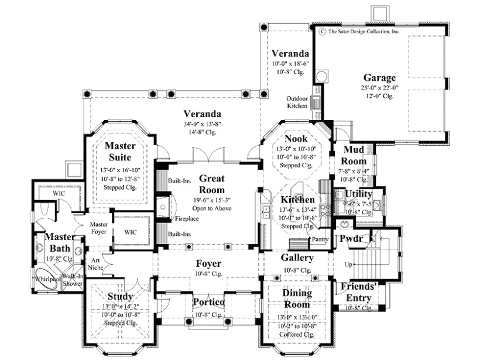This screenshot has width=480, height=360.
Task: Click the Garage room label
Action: (x=379, y=77)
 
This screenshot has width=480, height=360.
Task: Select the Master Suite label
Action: (x=121, y=152)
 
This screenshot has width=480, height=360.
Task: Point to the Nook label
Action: (x=296, y=139)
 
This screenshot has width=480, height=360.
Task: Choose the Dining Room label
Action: (x=297, y=298)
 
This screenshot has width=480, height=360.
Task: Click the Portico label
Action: (x=208, y=301)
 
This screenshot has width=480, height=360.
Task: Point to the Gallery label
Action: (x=297, y=258)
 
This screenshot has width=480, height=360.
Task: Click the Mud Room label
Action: (x=354, y=156)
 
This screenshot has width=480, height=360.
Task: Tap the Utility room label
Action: (x=358, y=194)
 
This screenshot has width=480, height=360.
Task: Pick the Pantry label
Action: (x=320, y=239)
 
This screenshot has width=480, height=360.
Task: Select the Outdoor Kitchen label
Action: (x=297, y=102)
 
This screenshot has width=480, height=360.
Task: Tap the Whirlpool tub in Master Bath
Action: (x=44, y=279)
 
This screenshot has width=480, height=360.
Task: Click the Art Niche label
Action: (x=95, y=264)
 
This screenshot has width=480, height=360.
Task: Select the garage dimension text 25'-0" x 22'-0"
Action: (x=379, y=88)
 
